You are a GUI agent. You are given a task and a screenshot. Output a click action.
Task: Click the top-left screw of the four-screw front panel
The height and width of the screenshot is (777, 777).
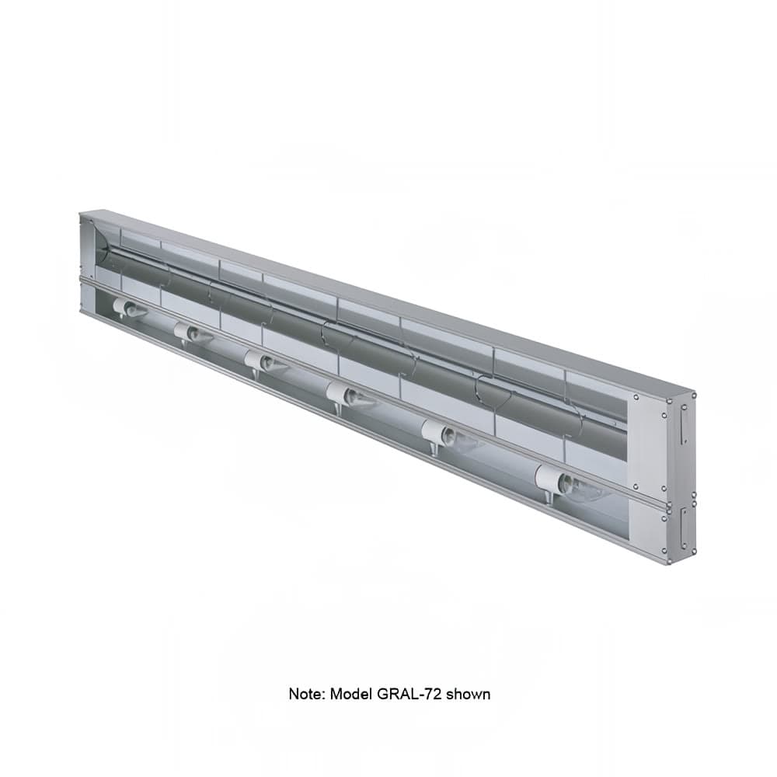click(635, 396)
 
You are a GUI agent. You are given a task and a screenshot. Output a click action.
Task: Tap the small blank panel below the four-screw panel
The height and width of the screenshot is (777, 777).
click(648, 528)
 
